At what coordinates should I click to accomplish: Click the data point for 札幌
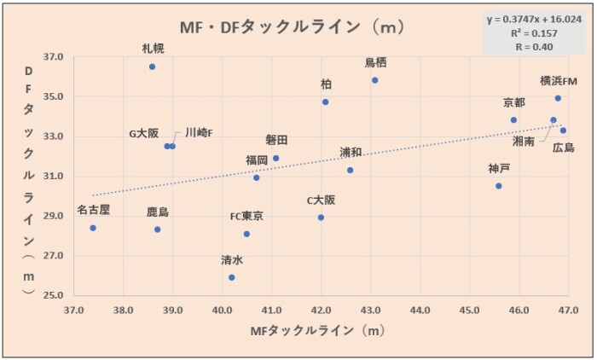tap(152, 67)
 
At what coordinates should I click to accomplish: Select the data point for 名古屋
tap(93, 228)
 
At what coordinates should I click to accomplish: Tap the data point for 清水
tap(231, 277)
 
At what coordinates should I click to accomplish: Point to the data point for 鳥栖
tap(374, 80)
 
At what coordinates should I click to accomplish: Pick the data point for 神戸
tap(499, 186)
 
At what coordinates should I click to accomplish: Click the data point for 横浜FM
tap(558, 98)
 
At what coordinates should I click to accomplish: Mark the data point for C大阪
tap(321, 218)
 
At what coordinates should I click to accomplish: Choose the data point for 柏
tap(325, 102)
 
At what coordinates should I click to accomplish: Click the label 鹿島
tap(157, 212)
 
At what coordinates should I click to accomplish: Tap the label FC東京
tap(246, 216)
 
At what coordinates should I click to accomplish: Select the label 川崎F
tap(199, 133)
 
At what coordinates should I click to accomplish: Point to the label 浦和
tap(351, 152)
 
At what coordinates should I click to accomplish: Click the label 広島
tap(563, 147)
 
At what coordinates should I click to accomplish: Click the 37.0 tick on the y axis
tap(53, 57)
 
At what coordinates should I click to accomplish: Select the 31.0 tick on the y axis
tap(53, 177)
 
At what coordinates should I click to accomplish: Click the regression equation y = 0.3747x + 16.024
tap(534, 19)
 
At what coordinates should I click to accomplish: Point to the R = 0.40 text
tap(534, 47)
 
